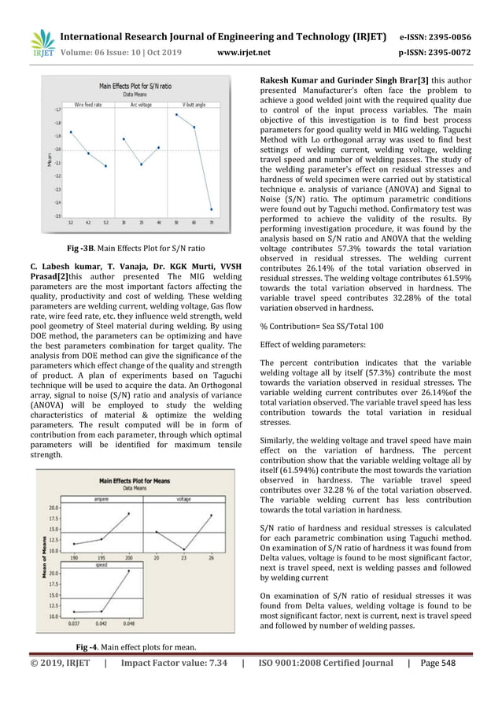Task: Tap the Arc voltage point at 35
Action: coord(141,165)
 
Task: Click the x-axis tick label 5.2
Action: coord(105,224)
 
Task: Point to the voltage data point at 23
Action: coord(183,549)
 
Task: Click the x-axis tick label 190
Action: coord(73,557)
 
